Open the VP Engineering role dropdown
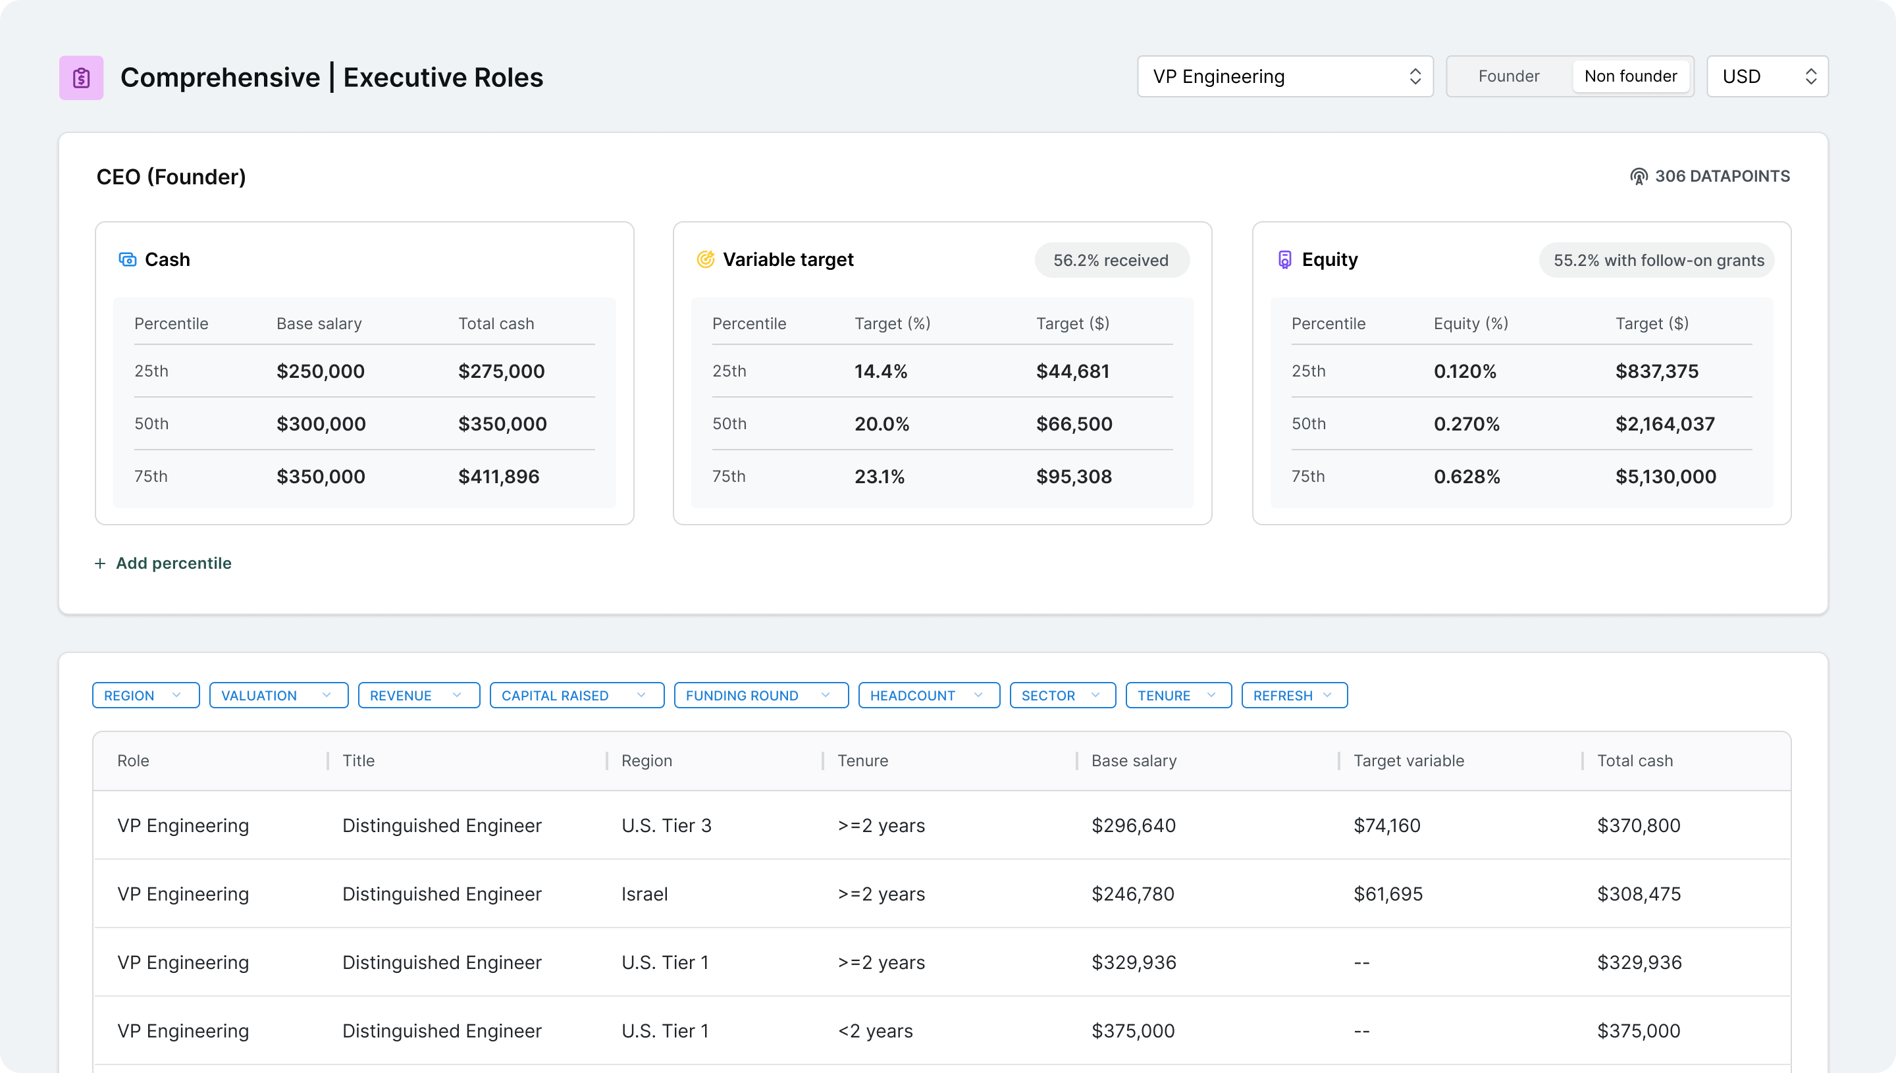pyautogui.click(x=1284, y=76)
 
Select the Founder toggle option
pyautogui.click(x=1508, y=76)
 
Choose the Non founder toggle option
pyautogui.click(x=1630, y=76)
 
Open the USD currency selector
pyautogui.click(x=1766, y=76)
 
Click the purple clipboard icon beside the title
pyautogui.click(x=81, y=78)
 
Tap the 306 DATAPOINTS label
pyautogui.click(x=1710, y=176)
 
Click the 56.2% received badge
pyautogui.click(x=1111, y=260)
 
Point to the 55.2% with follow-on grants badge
pyautogui.click(x=1658, y=260)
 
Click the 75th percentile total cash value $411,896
pyautogui.click(x=499, y=477)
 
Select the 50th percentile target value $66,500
pyautogui.click(x=1074, y=424)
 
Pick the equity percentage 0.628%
pyautogui.click(x=1466, y=477)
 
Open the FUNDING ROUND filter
pyautogui.click(x=760, y=695)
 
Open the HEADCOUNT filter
pyautogui.click(x=928, y=695)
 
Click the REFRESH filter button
pyautogui.click(x=1293, y=695)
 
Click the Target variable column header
pyautogui.click(x=1408, y=760)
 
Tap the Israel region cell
pyautogui.click(x=644, y=894)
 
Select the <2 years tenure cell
pyautogui.click(x=875, y=1031)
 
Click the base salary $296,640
pyautogui.click(x=1134, y=825)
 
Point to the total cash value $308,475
pyautogui.click(x=1638, y=894)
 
